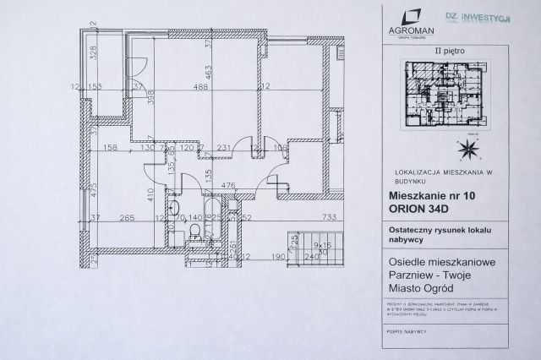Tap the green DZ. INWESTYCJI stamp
coord(477,18)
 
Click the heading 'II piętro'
coord(444,52)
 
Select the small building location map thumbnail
coord(445,96)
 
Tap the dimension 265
coord(128,219)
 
